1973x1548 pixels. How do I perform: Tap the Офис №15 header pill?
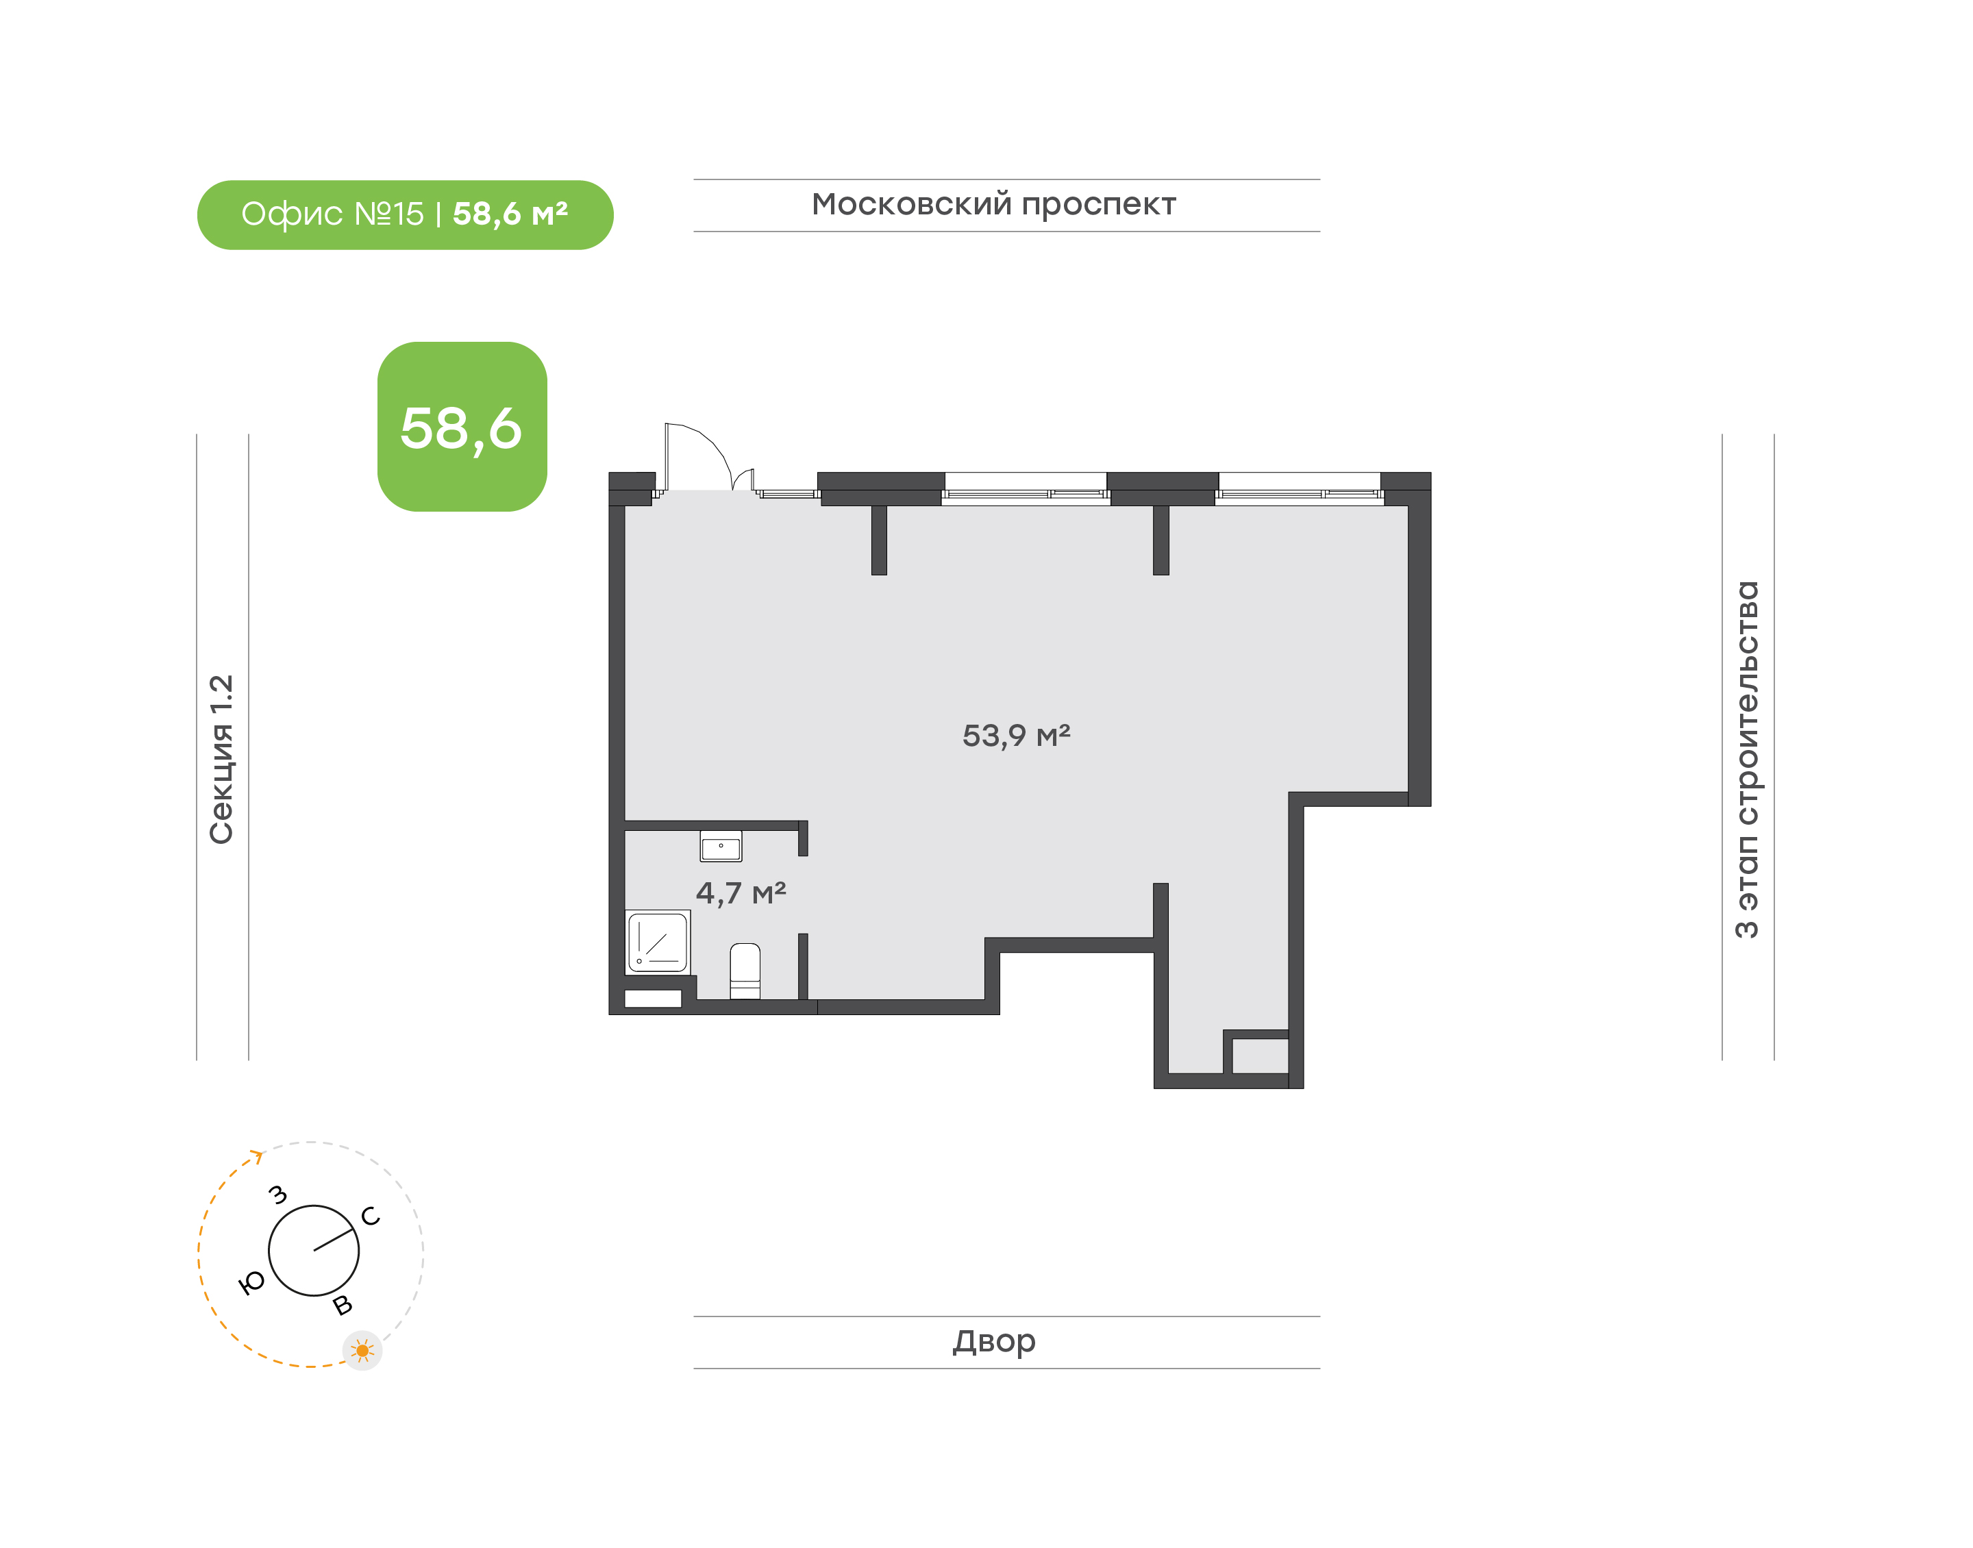(405, 215)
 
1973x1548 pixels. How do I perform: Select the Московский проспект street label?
(993, 205)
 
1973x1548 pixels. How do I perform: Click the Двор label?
(993, 1341)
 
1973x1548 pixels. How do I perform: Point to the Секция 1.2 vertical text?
(222, 760)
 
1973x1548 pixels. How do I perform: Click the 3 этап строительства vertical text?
(1746, 760)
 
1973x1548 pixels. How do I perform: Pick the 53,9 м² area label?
(1016, 735)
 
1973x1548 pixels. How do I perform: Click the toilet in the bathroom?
(745, 971)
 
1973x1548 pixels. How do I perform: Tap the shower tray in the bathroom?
(657, 942)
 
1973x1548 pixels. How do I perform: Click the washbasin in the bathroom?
(721, 846)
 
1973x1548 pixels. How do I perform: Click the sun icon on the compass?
(362, 1351)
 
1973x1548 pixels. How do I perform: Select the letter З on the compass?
(278, 1195)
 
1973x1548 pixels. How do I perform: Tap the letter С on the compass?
(371, 1216)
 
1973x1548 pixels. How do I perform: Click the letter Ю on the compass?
(251, 1282)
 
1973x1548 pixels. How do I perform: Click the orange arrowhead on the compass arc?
(258, 1156)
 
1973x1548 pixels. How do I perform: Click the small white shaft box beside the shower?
(653, 999)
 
